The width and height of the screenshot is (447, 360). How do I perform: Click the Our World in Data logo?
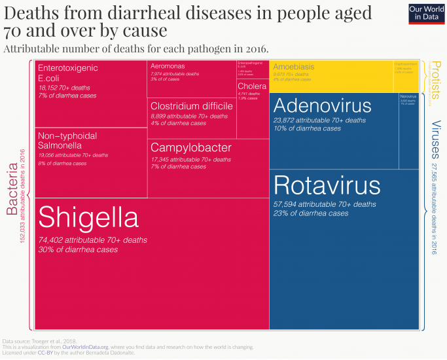pos(426,14)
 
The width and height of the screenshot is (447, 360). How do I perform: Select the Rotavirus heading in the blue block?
pos(327,185)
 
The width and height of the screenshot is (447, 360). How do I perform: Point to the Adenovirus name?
pos(323,105)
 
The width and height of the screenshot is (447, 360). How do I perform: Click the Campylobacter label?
pos(190,148)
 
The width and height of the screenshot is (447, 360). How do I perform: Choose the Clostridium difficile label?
pos(191,106)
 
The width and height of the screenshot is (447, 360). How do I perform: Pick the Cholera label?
pos(252,86)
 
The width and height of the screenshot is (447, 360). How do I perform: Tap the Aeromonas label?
pos(167,66)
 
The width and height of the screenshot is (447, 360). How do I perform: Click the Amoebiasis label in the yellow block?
pos(294,67)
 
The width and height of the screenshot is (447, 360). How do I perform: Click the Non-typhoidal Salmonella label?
pos(67,140)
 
